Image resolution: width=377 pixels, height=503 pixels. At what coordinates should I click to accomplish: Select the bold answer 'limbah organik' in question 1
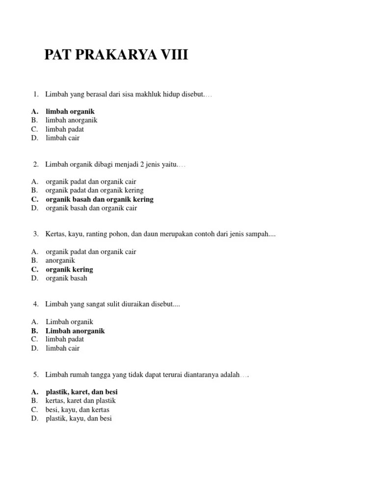pos(70,112)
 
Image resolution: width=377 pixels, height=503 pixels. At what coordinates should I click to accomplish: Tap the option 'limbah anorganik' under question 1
pos(72,120)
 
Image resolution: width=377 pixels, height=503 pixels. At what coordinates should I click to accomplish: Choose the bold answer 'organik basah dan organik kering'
pos(100,199)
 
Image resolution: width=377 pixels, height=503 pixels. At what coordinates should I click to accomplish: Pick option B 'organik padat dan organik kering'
pos(95,191)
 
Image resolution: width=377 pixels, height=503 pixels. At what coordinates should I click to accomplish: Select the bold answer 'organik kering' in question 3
pos(69,270)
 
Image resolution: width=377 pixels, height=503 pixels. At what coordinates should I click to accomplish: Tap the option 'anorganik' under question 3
pos(60,261)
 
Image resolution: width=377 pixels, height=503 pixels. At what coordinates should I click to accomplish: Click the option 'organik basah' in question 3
pos(67,279)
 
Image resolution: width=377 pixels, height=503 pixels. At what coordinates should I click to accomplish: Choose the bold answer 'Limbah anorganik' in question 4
pos(75,331)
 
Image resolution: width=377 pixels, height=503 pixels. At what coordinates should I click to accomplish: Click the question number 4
pos(36,305)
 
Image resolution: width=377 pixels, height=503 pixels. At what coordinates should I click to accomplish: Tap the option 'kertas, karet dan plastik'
pos(81,401)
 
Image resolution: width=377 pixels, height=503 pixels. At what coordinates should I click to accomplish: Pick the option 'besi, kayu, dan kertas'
pos(78,410)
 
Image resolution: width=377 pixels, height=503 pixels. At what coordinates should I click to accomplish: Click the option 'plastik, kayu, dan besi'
pos(79,419)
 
